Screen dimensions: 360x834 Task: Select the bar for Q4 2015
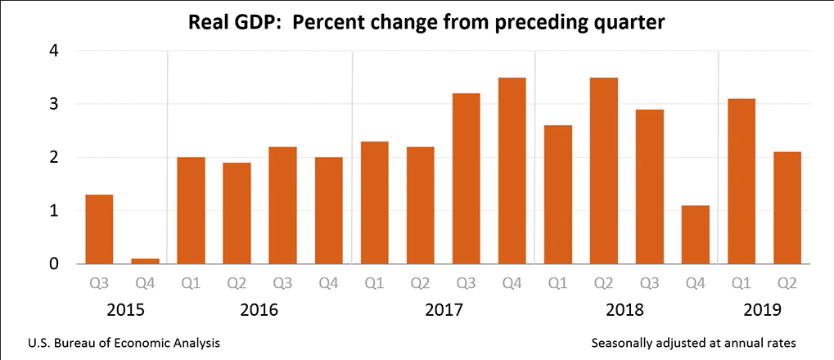pyautogui.click(x=145, y=261)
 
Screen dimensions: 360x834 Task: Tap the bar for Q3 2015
pyautogui.click(x=99, y=229)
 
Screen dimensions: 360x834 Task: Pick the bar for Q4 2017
pyautogui.click(x=512, y=171)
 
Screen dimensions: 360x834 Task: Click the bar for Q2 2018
pyautogui.click(x=603, y=171)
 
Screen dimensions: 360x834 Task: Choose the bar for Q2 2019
pyautogui.click(x=787, y=208)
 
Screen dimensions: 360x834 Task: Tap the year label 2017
pyautogui.click(x=443, y=311)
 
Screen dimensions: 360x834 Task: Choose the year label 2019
pyautogui.click(x=764, y=311)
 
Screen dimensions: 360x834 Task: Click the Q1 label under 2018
pyautogui.click(x=557, y=284)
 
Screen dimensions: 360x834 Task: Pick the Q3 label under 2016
pyautogui.click(x=282, y=284)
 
